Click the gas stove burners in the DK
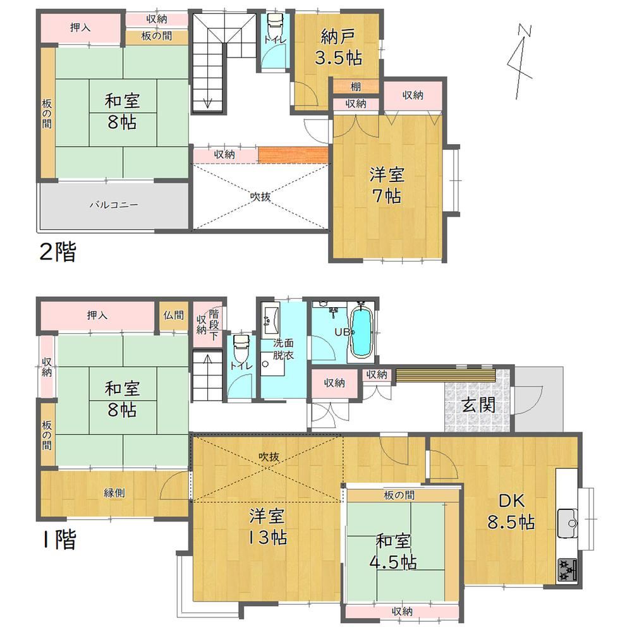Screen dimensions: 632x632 (567, 570)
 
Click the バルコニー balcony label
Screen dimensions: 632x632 (114, 205)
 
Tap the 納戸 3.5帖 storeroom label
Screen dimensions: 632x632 (337, 47)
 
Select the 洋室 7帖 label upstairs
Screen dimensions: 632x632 (386, 185)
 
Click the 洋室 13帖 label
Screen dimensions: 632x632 (267, 526)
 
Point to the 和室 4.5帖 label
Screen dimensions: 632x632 (393, 551)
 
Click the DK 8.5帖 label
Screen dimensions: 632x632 (511, 511)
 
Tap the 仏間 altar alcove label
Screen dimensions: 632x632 (173, 315)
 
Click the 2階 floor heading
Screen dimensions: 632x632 (58, 252)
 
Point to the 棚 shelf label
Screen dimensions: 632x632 (355, 86)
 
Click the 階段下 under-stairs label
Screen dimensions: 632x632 (214, 324)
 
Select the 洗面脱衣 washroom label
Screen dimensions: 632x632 (283, 349)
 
